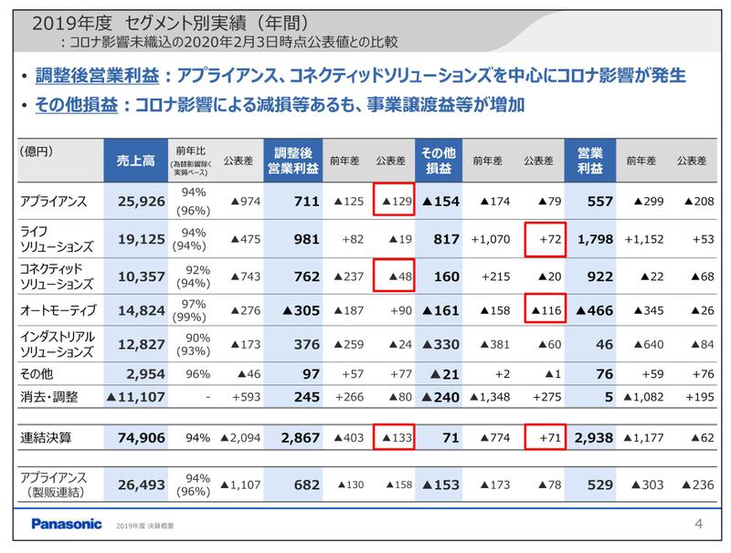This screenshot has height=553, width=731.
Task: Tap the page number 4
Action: tap(698, 525)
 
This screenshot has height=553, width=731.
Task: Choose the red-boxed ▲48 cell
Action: tap(395, 275)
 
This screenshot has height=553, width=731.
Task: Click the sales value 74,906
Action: tap(138, 438)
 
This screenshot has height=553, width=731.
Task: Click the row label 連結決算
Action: tap(47, 438)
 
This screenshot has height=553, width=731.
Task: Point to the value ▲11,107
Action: tap(136, 397)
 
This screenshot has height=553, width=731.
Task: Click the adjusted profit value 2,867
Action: tap(293, 438)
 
